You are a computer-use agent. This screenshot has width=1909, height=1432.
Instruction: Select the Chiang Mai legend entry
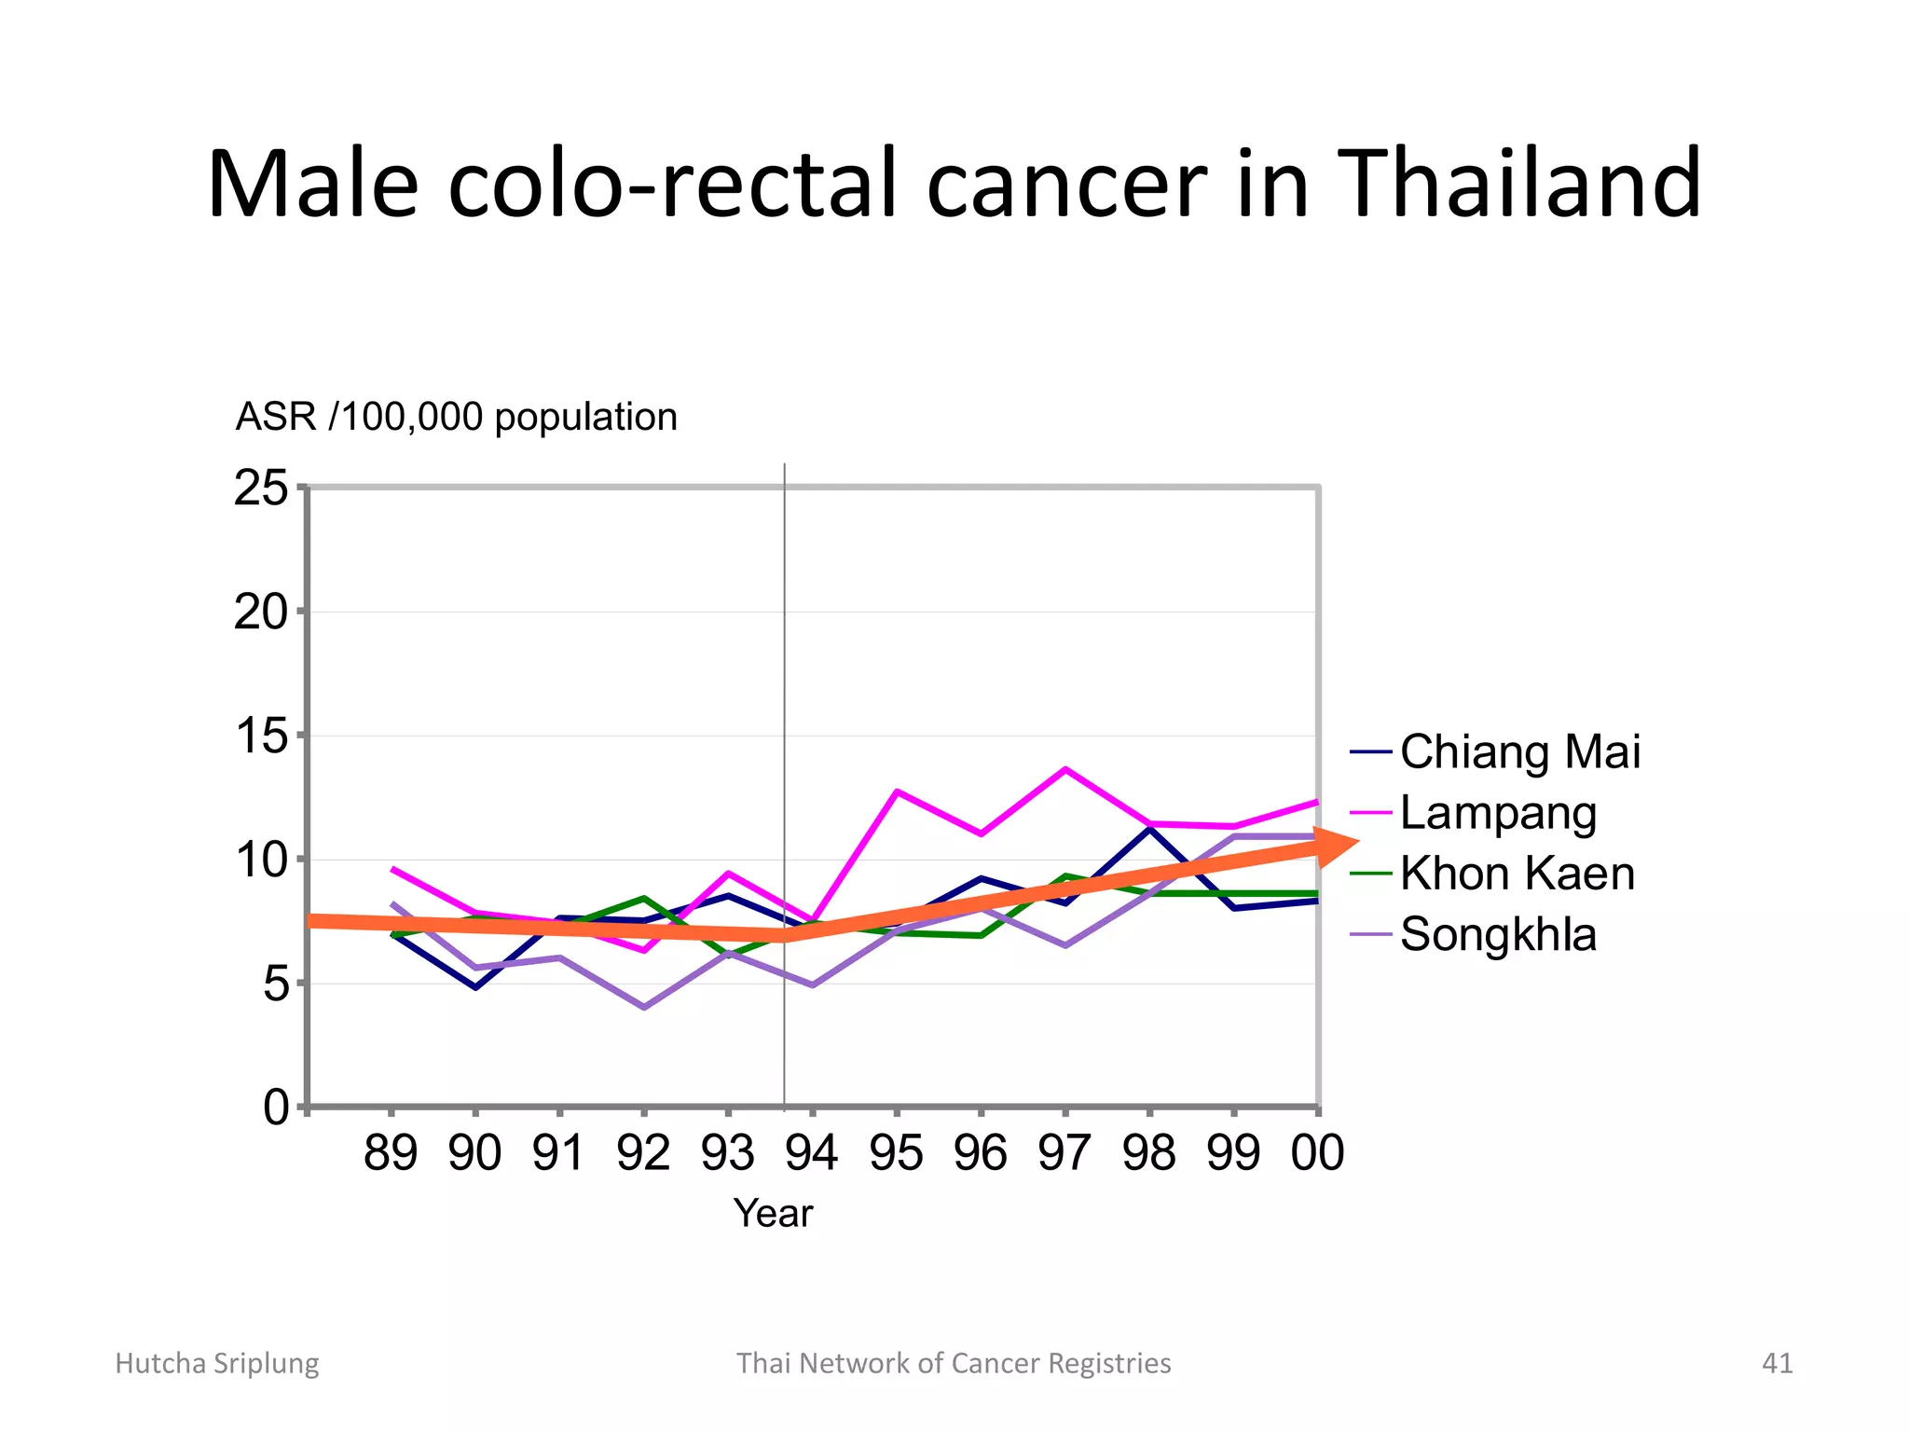[1519, 751]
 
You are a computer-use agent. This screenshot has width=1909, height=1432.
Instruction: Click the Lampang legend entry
[1498, 812]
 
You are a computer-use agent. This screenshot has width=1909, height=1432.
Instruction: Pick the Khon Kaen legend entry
[1517, 874]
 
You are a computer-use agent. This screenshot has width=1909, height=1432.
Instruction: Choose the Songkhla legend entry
[1498, 934]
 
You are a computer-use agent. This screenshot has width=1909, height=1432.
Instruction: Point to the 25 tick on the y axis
[262, 488]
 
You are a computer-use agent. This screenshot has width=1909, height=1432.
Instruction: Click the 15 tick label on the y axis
[262, 737]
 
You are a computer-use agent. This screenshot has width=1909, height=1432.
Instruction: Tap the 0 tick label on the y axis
[276, 1108]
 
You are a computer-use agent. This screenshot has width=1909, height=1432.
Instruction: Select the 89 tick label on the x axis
[391, 1153]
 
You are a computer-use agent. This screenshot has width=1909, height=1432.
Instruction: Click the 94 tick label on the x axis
[812, 1153]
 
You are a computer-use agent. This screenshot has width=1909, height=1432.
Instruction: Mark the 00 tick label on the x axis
[1317, 1153]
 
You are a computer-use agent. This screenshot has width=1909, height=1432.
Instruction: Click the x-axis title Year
[773, 1214]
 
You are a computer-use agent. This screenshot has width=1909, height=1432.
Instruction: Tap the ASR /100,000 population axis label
[456, 417]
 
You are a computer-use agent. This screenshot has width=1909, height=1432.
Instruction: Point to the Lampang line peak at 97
[1065, 769]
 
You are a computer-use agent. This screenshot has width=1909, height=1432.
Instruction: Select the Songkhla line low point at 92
[644, 1008]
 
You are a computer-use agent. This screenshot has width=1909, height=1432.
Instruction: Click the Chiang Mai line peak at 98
[1149, 828]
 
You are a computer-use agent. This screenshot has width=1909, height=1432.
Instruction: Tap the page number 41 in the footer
[1777, 1363]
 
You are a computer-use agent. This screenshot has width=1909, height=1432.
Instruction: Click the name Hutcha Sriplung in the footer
[216, 1363]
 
